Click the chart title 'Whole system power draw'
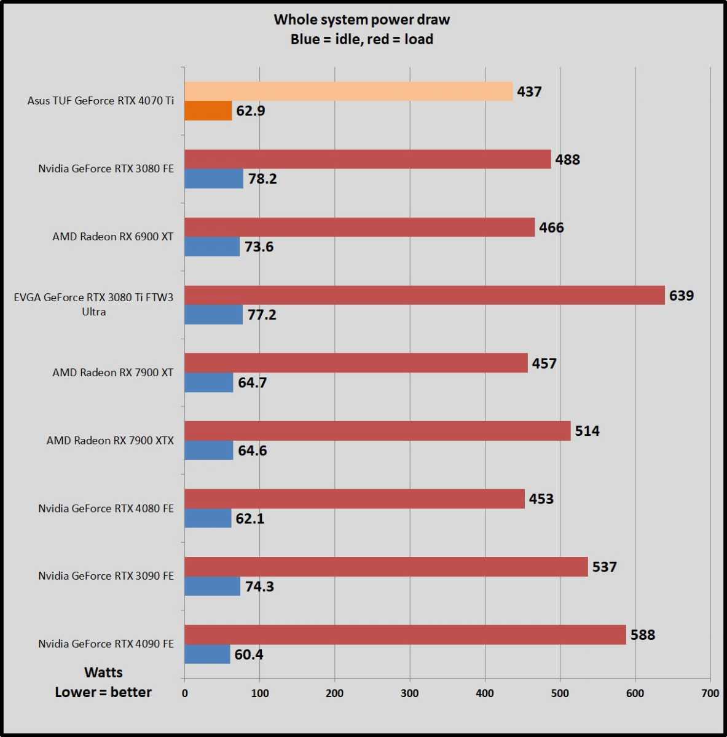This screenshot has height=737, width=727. tap(361, 20)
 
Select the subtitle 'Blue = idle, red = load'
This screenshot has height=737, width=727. tap(361, 39)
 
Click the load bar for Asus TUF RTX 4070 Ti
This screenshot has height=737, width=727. tap(348, 92)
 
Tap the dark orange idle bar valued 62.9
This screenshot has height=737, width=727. tap(208, 111)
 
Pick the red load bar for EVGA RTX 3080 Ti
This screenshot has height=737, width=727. tap(425, 295)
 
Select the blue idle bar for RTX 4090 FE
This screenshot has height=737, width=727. tap(207, 654)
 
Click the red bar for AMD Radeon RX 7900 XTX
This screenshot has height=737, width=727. tap(377, 431)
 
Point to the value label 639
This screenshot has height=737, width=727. tap(681, 296)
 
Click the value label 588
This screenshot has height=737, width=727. tap(642, 635)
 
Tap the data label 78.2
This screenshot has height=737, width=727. tap(262, 179)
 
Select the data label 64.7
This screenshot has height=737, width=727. tap(252, 383)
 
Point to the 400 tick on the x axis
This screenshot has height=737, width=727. tap(485, 693)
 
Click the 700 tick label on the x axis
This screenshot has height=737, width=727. tap(710, 693)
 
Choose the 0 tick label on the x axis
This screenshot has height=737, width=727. tap(185, 693)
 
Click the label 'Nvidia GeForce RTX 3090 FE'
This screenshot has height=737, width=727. tap(106, 576)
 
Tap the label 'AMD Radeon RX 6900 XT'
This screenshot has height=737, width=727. tap(112, 237)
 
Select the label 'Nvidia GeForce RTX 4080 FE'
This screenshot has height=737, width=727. tap(106, 508)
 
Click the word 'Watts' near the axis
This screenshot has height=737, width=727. tap(103, 672)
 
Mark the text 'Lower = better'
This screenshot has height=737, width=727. tap(103, 692)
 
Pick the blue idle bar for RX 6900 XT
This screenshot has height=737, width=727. tap(212, 246)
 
